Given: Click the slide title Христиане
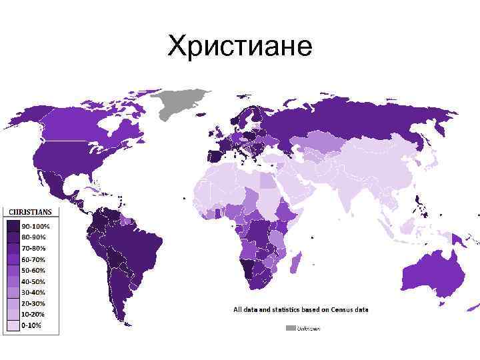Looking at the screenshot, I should [240, 47].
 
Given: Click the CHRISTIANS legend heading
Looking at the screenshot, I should [29, 212].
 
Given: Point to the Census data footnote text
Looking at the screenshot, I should [300, 309].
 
